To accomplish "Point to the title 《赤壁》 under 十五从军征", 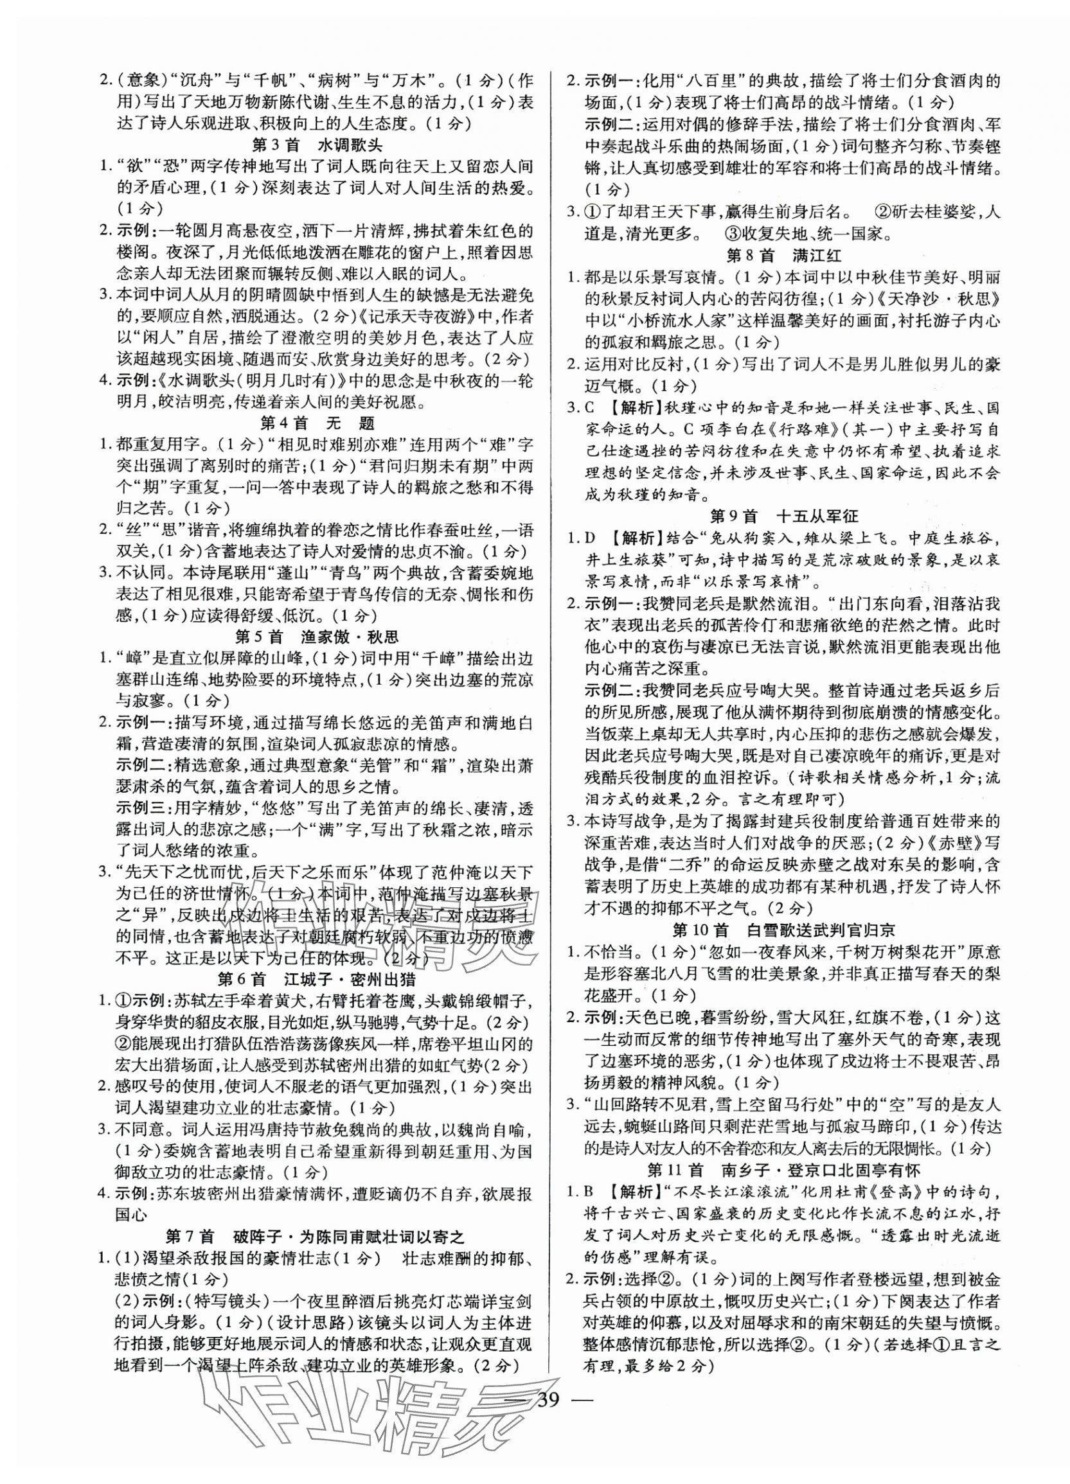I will click(947, 842).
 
